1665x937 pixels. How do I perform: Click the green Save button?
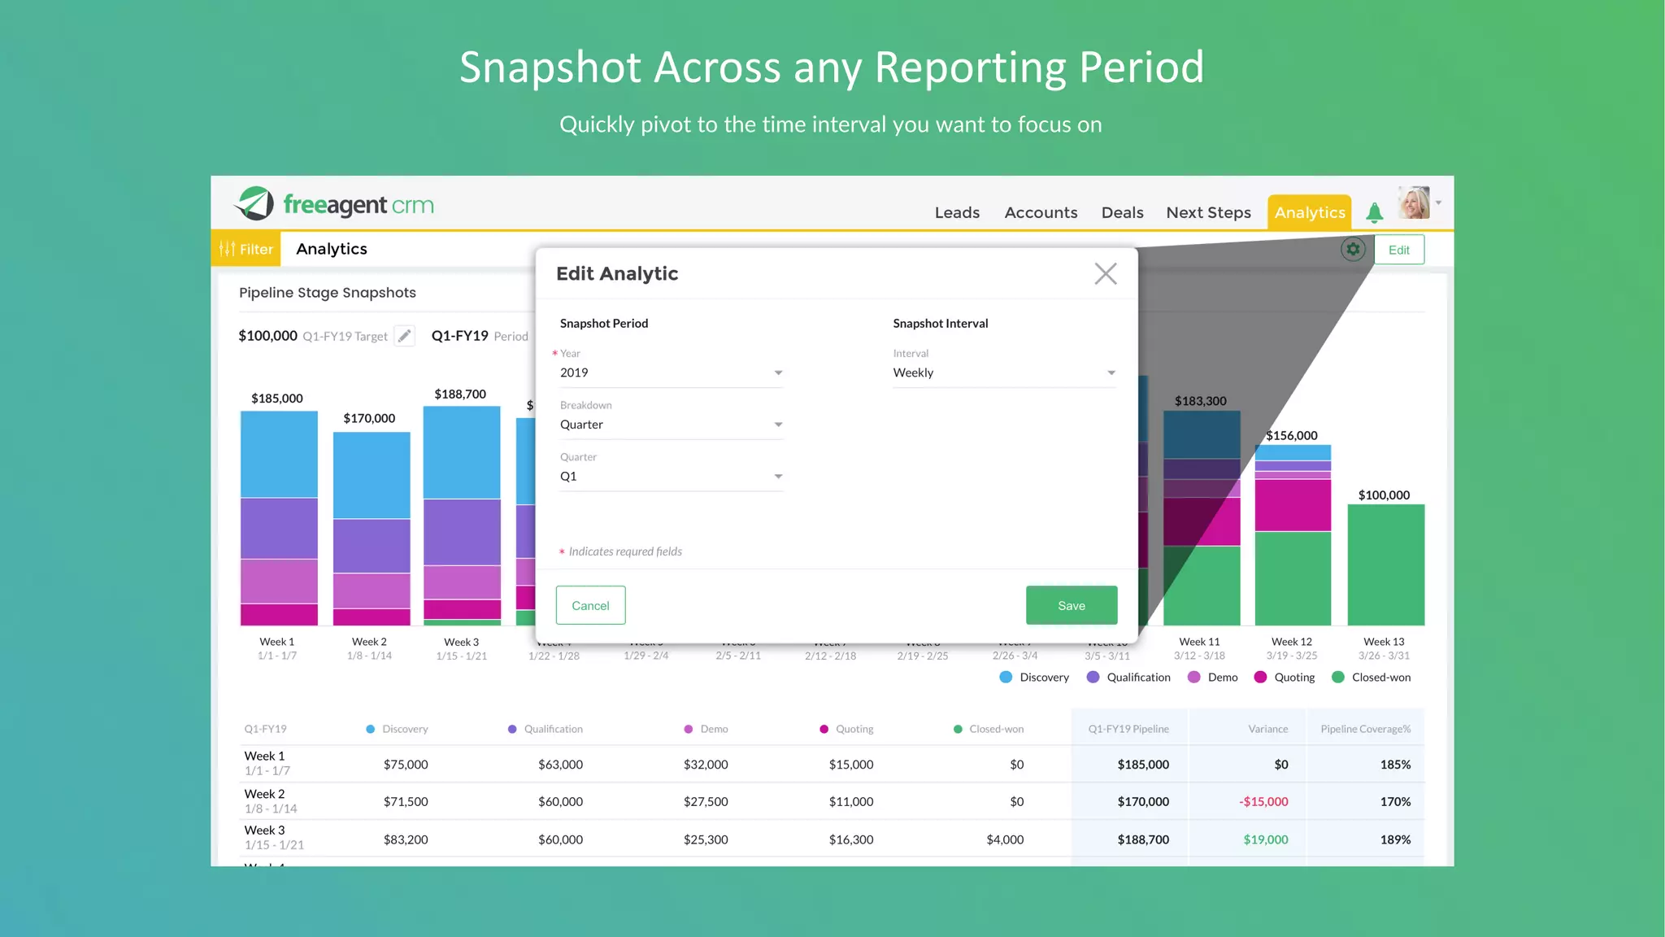[x=1071, y=605]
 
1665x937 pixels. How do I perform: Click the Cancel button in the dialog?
[x=590, y=605]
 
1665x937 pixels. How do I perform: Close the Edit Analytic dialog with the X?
[x=1105, y=273]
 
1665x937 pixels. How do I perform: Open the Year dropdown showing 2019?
[x=671, y=373]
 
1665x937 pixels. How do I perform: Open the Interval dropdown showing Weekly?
[x=1003, y=373]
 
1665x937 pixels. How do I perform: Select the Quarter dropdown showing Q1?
[x=671, y=477]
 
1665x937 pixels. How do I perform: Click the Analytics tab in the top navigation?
[x=1309, y=212]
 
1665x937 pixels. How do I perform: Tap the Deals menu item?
[x=1122, y=212]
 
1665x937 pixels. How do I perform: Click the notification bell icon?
[x=1374, y=213]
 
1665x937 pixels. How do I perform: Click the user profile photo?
[x=1414, y=203]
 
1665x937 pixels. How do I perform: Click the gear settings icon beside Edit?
[x=1353, y=250]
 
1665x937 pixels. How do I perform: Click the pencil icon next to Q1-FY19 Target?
[x=404, y=336]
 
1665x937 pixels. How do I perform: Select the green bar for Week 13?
[x=1385, y=564]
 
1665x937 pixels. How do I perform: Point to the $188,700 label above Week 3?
[x=460, y=394]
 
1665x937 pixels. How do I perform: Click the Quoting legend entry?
[x=1285, y=677]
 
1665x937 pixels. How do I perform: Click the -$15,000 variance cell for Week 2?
[x=1263, y=802]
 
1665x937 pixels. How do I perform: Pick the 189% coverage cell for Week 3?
[x=1394, y=839]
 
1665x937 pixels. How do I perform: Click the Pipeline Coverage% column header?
[x=1365, y=729]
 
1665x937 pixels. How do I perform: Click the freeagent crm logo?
[x=334, y=204]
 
